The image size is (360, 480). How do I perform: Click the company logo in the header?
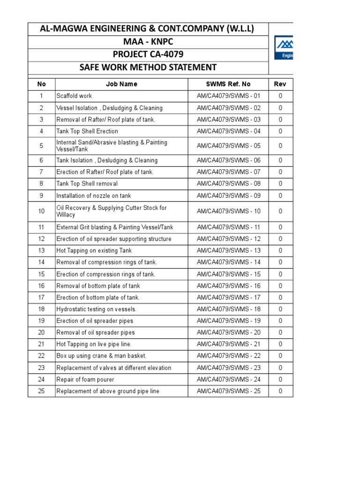pos(284,48)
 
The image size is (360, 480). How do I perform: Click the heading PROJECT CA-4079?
pos(148,55)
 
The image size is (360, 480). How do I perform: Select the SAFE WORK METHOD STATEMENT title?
pos(148,67)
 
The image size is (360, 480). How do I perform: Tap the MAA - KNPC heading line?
pos(148,42)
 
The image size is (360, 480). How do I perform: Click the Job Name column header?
pos(121,84)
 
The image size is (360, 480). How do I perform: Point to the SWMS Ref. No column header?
pos(228,84)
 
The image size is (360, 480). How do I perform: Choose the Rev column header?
pos(280,84)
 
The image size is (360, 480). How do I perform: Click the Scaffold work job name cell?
pos(74,96)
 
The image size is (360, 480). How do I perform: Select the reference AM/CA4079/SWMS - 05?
pos(228,146)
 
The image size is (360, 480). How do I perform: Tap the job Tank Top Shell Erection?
pos(87,131)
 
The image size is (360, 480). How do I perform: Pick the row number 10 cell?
pos(41,211)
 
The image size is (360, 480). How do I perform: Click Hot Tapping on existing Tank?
pos(94,251)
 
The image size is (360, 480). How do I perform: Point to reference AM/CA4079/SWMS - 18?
pos(228,309)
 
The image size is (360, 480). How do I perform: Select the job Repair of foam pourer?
pos(85,380)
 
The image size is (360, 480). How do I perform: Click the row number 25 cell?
pos(41,391)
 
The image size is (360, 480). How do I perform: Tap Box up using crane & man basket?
pos(101,356)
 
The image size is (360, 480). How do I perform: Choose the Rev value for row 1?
pos(280,96)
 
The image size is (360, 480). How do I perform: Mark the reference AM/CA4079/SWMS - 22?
pos(228,356)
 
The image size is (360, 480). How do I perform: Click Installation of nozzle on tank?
pos(94,196)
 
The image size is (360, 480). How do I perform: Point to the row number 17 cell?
pos(41,298)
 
